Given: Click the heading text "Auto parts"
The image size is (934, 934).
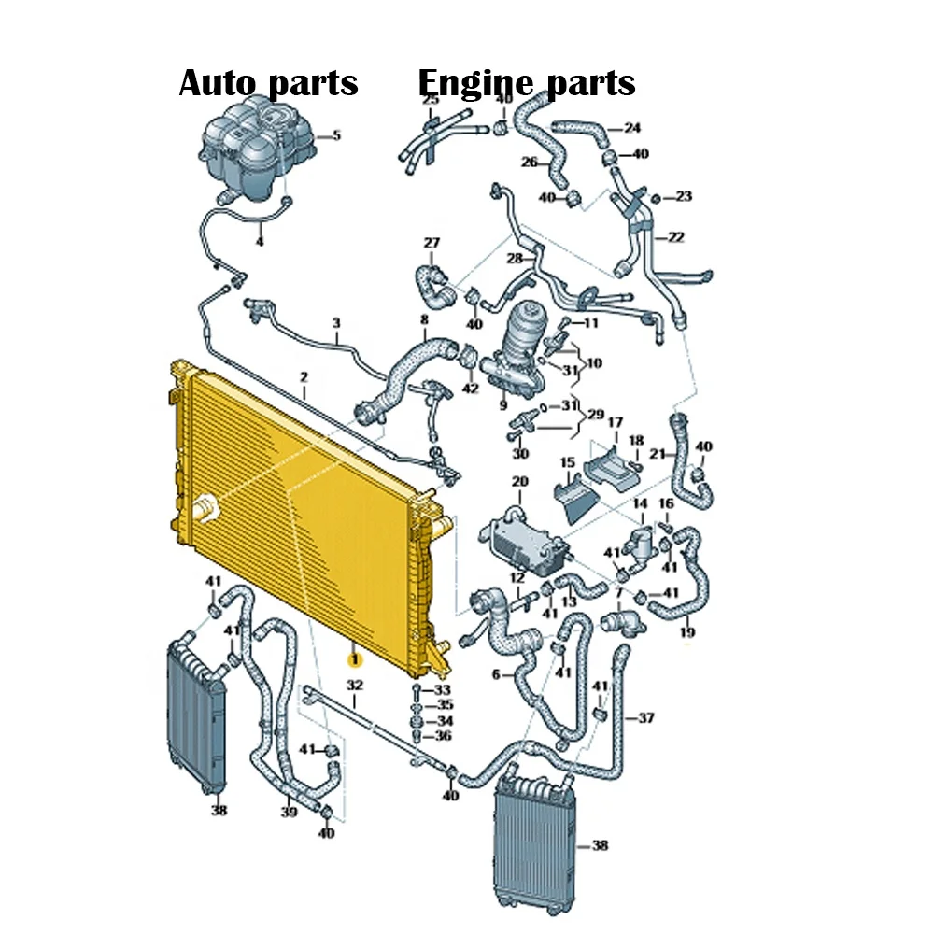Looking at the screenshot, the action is (269, 83).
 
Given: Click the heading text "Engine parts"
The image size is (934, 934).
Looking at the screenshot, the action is (527, 83).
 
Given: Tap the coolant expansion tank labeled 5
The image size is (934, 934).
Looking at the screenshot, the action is (257, 149).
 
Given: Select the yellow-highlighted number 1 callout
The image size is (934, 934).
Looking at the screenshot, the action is (354, 659).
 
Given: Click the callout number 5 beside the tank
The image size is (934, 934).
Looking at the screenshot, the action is (336, 135).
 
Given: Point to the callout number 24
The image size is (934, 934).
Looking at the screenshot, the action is (632, 127).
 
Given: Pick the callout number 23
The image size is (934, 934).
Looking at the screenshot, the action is (684, 196).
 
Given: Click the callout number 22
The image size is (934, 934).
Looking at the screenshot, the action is (675, 237).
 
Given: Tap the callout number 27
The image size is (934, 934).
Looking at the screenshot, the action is (432, 243).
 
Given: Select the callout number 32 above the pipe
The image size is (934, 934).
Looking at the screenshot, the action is (354, 685).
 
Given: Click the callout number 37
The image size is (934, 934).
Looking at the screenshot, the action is (646, 717).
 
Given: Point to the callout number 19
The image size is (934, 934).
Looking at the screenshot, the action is (687, 632).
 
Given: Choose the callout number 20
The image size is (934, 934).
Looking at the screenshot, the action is (520, 481).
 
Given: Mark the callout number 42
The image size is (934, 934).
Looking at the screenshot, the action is (471, 389).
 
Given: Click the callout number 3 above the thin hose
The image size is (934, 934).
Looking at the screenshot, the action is (336, 323).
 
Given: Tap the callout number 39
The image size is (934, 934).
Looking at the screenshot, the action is (289, 812).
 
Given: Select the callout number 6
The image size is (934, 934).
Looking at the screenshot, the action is (496, 674).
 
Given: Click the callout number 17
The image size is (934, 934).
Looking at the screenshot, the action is (616, 422).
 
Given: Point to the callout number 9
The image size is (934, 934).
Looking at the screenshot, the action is (503, 405).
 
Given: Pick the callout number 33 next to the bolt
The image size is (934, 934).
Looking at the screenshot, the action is (442, 690).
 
